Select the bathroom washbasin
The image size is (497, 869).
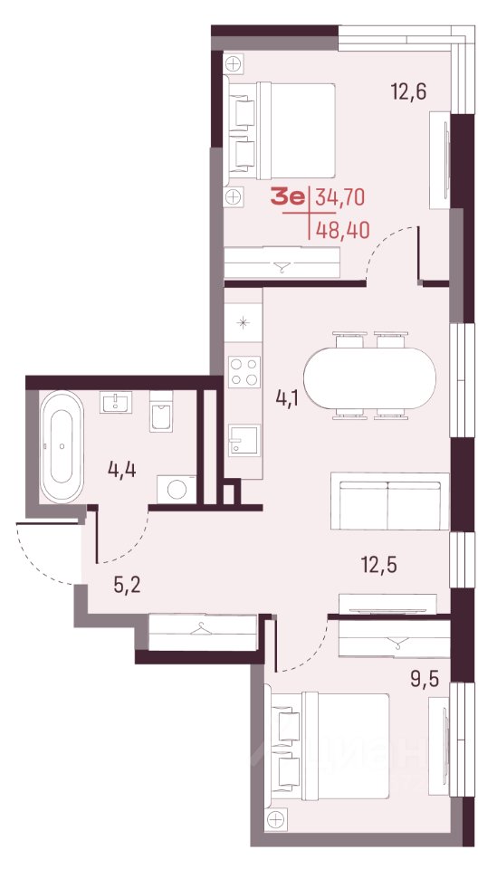[116, 402]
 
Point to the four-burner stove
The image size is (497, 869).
[244, 371]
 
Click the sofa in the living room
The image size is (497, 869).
[389, 501]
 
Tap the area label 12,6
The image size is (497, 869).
[409, 91]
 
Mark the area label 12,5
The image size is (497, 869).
[379, 567]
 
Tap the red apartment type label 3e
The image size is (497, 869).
[288, 196]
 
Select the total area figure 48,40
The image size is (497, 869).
[341, 228]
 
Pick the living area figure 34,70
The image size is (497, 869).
[339, 197]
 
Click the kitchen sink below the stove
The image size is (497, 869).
[244, 440]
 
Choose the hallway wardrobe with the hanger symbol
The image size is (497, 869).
[203, 631]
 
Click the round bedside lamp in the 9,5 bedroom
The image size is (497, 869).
[274, 818]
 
